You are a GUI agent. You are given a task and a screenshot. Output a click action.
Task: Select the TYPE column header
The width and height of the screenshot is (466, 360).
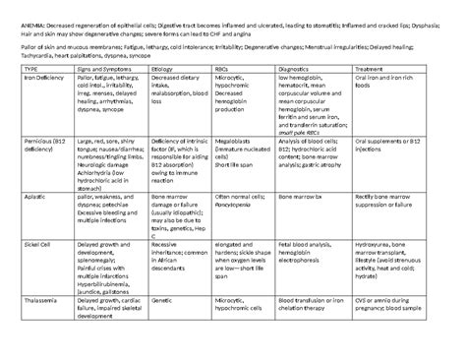tap(30, 70)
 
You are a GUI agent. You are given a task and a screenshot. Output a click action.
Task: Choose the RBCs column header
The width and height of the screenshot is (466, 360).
tap(225, 70)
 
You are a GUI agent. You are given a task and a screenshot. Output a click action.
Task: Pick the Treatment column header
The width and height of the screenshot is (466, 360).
tap(374, 70)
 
